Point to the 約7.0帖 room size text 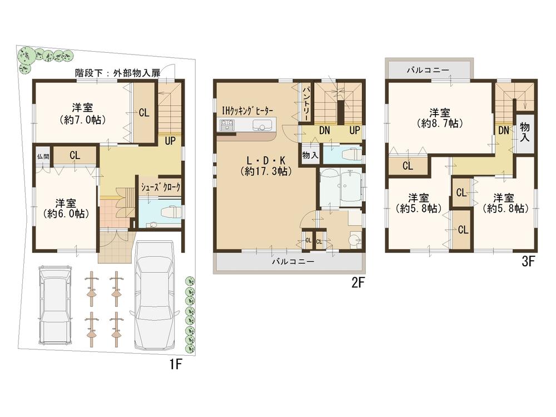click(82, 120)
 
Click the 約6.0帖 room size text click(66, 213)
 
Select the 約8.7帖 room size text click(439, 123)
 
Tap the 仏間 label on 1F click(43, 156)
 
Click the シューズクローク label click(161, 187)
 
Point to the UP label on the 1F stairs click(170, 141)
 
